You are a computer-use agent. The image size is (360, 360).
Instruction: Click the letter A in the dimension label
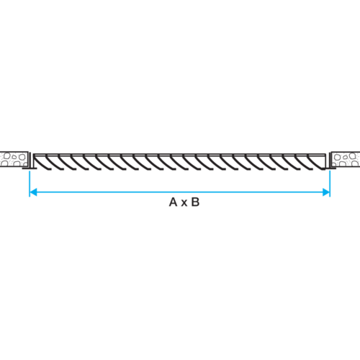(x=173, y=202)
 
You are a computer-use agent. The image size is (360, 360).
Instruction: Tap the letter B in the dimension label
(x=195, y=202)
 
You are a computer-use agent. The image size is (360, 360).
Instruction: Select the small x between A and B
(x=184, y=203)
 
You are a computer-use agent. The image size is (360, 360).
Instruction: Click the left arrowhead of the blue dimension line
(x=33, y=192)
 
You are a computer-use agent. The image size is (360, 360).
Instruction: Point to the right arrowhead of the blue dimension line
(x=326, y=192)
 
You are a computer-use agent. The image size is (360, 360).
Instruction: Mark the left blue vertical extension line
(x=30, y=184)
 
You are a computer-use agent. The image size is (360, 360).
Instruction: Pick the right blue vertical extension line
(x=330, y=184)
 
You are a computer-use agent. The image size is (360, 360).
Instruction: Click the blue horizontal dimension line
(x=179, y=192)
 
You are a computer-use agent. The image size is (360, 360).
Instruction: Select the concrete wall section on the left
(x=14, y=159)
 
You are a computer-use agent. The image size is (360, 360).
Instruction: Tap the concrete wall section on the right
(x=346, y=159)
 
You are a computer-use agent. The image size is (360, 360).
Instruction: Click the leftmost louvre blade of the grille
(x=41, y=163)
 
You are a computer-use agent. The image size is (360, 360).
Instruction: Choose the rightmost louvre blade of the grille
(x=316, y=162)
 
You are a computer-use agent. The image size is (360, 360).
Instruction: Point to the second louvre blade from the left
(x=55, y=163)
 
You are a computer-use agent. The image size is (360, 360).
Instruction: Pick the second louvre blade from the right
(x=305, y=163)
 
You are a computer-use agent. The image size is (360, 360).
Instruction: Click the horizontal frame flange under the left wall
(x=30, y=168)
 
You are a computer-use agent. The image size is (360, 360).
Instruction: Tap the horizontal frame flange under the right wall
(x=329, y=168)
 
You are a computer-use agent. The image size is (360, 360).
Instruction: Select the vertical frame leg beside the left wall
(x=30, y=160)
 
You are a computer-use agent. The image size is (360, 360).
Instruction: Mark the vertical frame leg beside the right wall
(x=330, y=160)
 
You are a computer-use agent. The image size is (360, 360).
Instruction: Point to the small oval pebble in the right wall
(x=346, y=157)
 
